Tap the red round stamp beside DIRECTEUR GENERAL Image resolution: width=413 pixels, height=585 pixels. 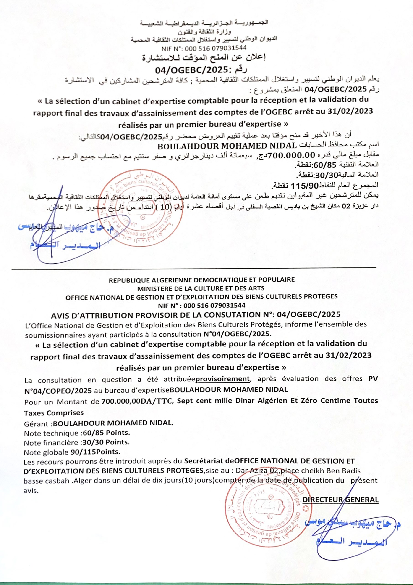[267, 507]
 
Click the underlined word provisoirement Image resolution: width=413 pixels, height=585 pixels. [223, 379]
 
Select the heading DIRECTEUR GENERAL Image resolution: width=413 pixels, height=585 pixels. [340, 500]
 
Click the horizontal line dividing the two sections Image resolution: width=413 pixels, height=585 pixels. [193, 268]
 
